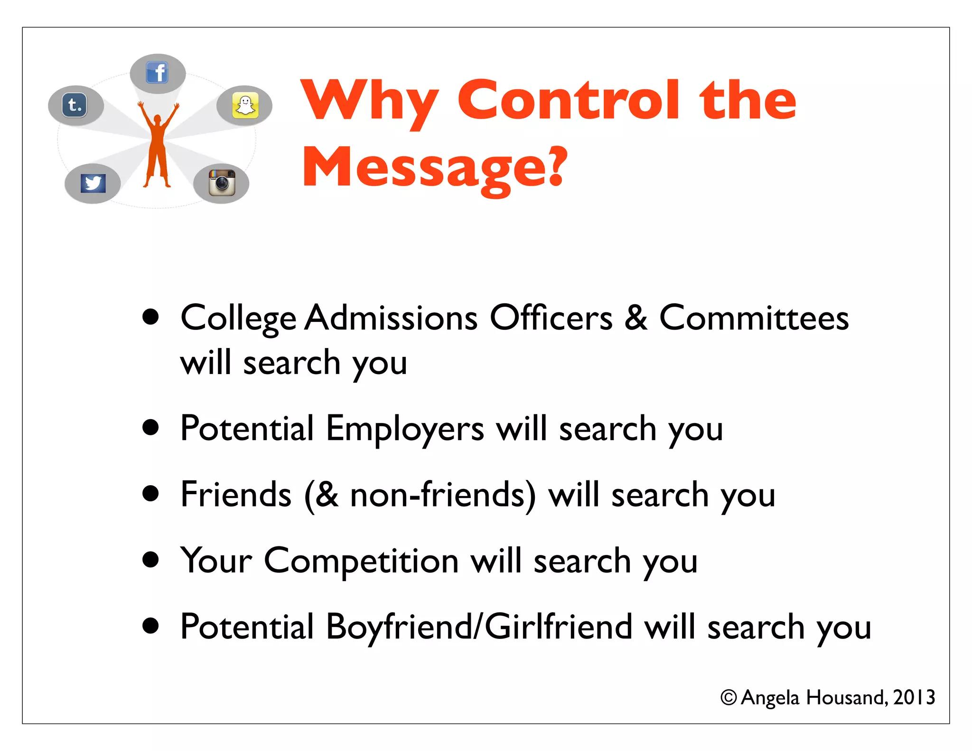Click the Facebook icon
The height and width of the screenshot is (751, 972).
(158, 73)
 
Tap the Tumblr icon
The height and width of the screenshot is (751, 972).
(75, 104)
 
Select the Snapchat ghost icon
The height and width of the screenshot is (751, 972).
(245, 105)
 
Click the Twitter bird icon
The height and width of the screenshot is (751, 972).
(93, 183)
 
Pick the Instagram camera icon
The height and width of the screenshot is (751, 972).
(222, 183)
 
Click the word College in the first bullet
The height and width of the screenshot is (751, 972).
(238, 319)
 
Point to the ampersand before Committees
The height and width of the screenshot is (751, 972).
(636, 318)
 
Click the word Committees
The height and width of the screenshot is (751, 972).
(754, 318)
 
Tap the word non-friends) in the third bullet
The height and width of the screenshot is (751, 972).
(443, 495)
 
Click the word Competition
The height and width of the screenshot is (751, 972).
(361, 562)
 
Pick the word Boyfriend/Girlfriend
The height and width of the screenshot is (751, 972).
(479, 627)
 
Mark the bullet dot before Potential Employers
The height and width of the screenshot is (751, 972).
(151, 427)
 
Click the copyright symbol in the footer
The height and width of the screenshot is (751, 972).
(729, 697)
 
